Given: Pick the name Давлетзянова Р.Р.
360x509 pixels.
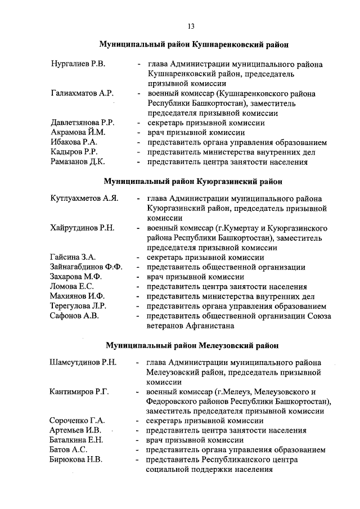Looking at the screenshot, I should click(x=83, y=123).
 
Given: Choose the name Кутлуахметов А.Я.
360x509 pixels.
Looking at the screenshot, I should click(x=84, y=199).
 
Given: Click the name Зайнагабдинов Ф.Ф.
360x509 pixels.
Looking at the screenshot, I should click(x=86, y=267).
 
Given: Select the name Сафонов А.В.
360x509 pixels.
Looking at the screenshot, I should click(x=75, y=316).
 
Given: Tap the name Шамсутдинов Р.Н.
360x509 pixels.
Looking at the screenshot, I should click(x=83, y=362).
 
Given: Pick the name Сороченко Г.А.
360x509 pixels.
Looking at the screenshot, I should click(x=78, y=421).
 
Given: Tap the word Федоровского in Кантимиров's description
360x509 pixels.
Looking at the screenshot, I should click(x=172, y=402).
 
